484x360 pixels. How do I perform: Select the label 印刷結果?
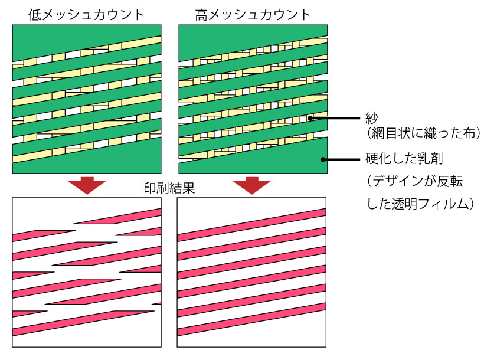click(169, 190)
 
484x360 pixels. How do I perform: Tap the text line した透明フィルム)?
click(421, 204)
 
